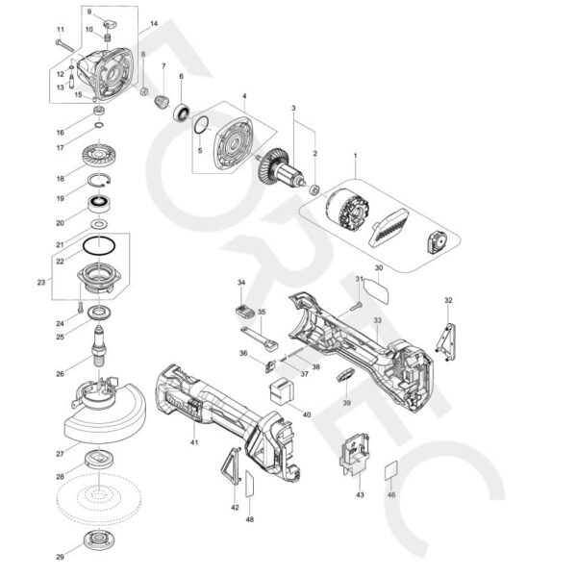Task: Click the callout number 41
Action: pos(194,441)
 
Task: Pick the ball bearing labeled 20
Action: pos(99,204)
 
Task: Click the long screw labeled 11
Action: pos(64,44)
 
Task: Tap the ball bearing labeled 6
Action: pos(181,113)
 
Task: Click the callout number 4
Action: pos(244,96)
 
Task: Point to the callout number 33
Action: pos(378,319)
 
